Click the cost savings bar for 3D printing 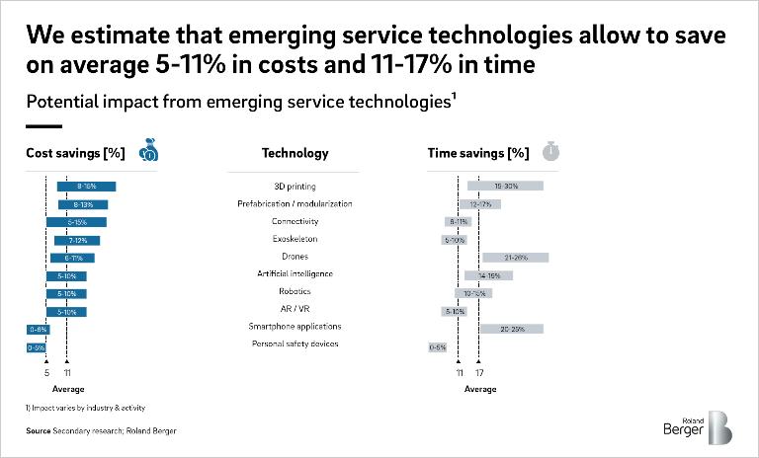86,187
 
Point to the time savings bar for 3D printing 505,187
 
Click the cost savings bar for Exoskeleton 77,240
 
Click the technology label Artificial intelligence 295,273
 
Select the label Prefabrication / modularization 295,203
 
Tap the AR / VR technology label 295,309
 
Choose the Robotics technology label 295,291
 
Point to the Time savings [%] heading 477,153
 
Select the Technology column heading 295,153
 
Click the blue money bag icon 150,150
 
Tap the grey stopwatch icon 551,151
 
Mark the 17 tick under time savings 479,373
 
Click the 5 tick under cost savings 46,373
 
